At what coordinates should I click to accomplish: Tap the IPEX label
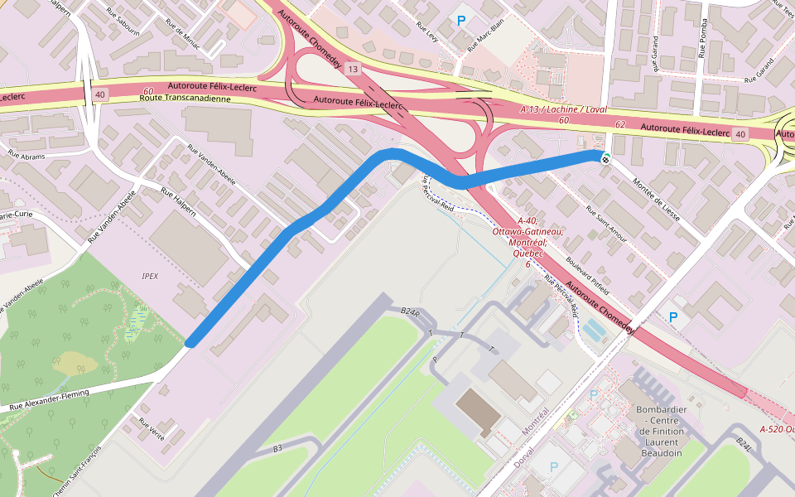[x=150, y=275]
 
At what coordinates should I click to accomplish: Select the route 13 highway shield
[x=354, y=69]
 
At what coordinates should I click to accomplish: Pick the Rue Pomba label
[x=704, y=34]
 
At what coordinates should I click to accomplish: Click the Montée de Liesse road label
[x=655, y=195]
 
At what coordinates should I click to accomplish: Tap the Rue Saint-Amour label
[x=606, y=224]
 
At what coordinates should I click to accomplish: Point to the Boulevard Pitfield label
[x=587, y=273]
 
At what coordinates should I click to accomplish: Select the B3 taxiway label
[x=279, y=448]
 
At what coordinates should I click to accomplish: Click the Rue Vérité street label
[x=152, y=427]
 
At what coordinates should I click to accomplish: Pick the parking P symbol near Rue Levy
[x=461, y=19]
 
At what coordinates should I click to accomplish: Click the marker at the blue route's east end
[x=606, y=157]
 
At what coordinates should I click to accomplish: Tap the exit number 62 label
[x=620, y=123]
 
